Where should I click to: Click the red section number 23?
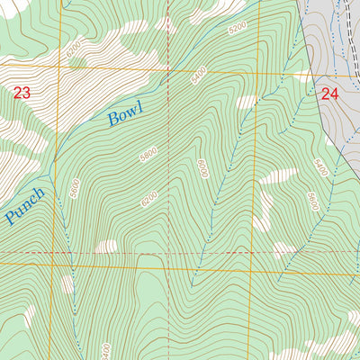22,92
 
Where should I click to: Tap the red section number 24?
328,93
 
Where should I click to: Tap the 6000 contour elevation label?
202,167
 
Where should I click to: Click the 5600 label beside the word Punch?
75,189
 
